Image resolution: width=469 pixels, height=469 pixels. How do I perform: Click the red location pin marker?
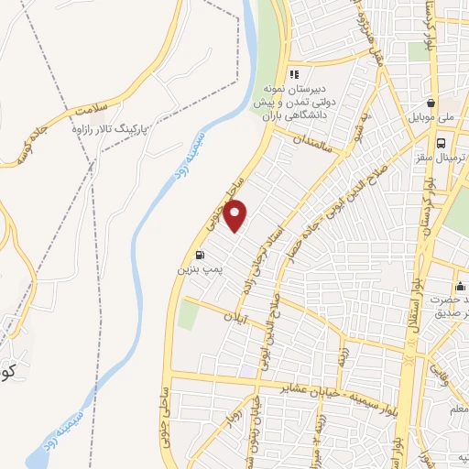coord(236,216)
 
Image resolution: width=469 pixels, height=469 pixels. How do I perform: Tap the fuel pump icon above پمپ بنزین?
coord(200,256)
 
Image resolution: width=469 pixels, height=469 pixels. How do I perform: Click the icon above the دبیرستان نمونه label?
coord(294,74)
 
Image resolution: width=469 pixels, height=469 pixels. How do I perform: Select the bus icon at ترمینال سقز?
coord(442,143)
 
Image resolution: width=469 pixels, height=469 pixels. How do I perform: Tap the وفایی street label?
coord(457,379)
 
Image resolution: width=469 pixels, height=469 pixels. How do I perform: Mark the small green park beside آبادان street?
coord(188,314)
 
